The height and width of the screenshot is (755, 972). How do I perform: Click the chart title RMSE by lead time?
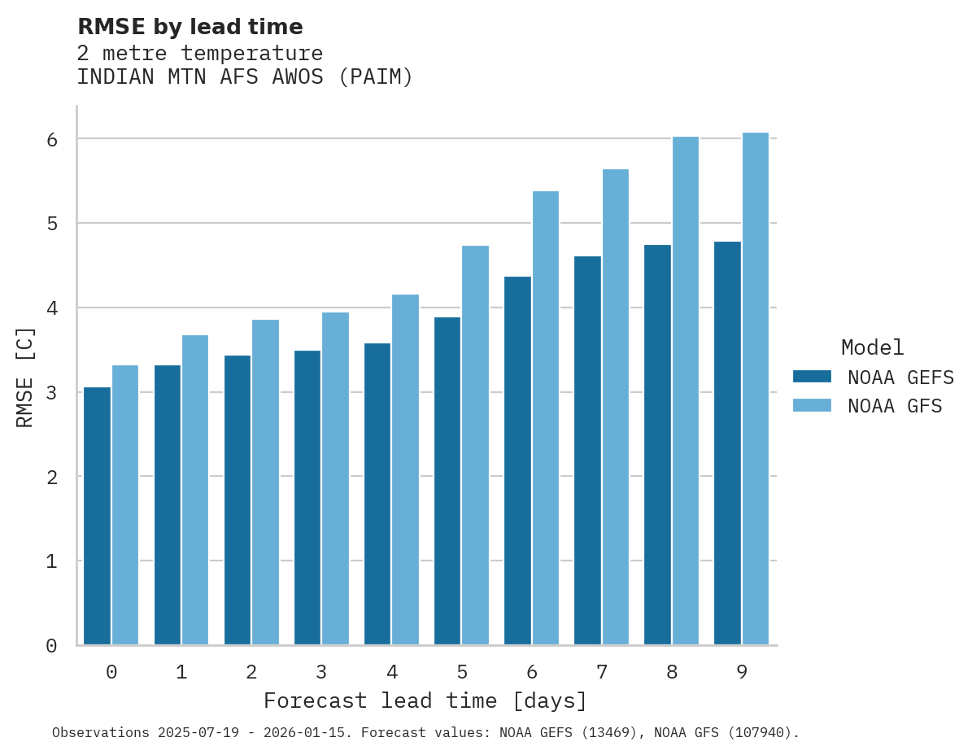(190, 27)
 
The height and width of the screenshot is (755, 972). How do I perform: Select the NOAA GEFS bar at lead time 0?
(97, 516)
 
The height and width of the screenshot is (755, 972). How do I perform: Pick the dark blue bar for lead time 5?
(447, 481)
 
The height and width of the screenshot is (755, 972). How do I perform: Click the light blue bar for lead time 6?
(546, 418)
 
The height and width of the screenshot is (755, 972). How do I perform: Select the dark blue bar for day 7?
(587, 451)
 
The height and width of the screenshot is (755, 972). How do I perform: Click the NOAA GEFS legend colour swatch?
(812, 377)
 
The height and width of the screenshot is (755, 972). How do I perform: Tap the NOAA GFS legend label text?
(895, 406)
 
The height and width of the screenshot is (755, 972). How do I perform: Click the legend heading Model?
(872, 347)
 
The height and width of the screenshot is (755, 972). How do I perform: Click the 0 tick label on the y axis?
(51, 646)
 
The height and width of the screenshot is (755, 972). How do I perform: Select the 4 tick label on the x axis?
(391, 673)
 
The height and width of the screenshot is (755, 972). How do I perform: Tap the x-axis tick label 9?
(742, 673)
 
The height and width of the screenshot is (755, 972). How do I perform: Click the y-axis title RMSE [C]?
(25, 377)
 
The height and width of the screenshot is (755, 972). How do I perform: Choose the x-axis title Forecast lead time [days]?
(425, 701)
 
